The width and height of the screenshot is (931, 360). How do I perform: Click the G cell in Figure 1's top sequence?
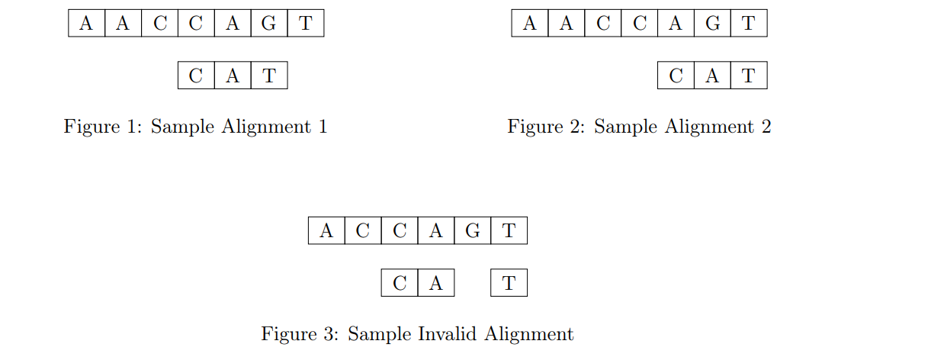268,23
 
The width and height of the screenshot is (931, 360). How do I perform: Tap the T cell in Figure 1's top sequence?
305,23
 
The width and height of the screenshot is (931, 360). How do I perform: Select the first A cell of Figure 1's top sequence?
86,23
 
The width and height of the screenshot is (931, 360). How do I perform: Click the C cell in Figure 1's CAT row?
196,76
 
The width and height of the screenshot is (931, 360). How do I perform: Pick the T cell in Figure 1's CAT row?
268,76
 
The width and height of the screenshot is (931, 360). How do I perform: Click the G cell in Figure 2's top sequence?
712,23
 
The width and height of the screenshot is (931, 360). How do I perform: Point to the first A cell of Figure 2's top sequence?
530,23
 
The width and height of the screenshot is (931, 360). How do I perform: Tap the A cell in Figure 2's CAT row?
712,76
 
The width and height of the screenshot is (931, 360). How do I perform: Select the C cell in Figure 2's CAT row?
676,76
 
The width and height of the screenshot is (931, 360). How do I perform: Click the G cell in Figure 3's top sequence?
472,230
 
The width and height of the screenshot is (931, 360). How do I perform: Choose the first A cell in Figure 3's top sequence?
326,230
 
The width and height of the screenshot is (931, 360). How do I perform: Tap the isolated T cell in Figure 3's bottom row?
509,284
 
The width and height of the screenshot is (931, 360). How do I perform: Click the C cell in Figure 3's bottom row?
400,284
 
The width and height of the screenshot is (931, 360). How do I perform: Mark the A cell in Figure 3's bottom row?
435,284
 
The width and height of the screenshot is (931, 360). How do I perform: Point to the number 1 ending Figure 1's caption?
323,127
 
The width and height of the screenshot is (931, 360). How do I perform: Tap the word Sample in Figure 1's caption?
183,127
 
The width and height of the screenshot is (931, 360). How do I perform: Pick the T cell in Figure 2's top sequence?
748,23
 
